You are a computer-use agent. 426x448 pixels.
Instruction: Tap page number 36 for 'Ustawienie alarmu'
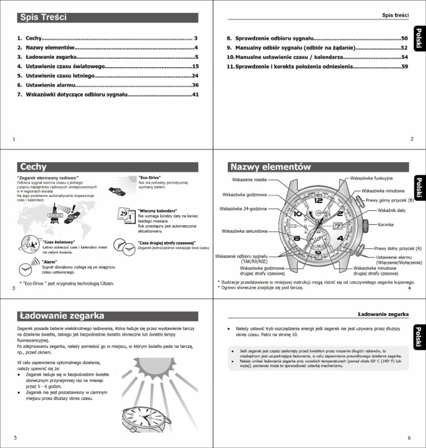195,85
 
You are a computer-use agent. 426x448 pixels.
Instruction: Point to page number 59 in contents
404,67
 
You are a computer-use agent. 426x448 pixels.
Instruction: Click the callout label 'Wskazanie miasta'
248,179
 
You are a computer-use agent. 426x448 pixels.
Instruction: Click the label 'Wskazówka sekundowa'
245,230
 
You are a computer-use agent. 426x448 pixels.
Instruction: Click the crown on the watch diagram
366,225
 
